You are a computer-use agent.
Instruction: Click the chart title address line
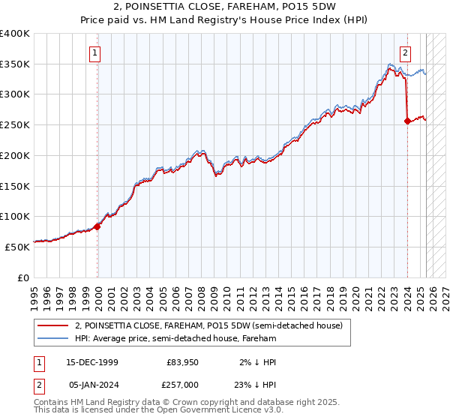tap(224, 7)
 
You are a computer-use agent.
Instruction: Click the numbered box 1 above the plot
tap(97, 52)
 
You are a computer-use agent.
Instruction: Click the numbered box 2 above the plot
tap(405, 52)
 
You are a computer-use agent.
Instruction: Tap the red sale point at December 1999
tap(97, 226)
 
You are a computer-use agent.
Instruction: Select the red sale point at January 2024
tap(407, 120)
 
